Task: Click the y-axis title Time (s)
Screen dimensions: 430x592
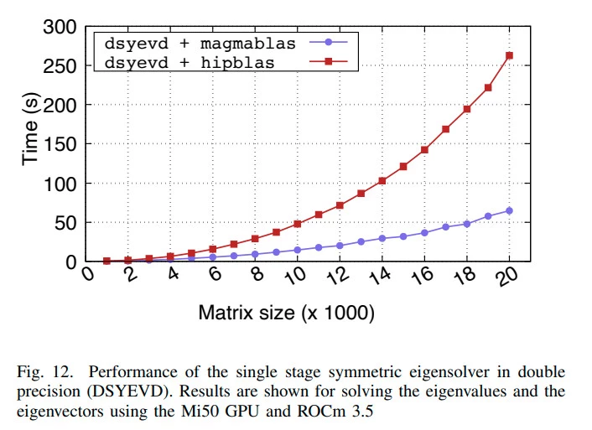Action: click(31, 130)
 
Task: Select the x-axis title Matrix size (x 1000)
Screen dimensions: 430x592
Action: click(286, 313)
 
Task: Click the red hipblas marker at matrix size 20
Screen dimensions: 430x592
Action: click(509, 56)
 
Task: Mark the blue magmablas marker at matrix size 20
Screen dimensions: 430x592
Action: click(509, 210)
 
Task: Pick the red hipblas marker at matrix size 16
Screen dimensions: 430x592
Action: click(424, 149)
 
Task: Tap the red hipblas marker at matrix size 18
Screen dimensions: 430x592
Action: click(467, 109)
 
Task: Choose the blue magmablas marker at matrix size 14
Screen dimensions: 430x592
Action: click(382, 238)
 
